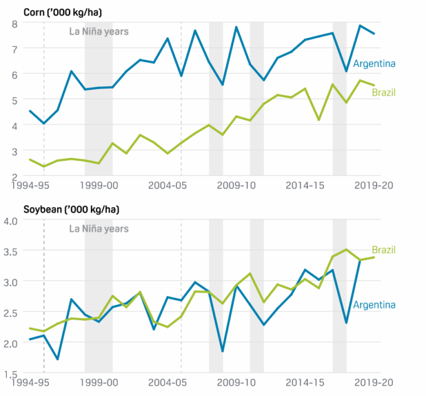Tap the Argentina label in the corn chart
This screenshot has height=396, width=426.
tap(374, 63)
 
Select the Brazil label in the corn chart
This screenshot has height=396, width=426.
tap(384, 93)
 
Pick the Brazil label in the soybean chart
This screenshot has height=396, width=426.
tap(384, 250)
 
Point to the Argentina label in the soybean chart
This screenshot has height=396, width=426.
tap(374, 305)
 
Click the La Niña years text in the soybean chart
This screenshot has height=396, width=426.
tap(98, 228)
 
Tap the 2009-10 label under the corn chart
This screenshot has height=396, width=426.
tap(236, 186)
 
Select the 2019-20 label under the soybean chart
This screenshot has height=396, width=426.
tap(374, 382)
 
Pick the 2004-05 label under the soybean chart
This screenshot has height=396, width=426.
tap(168, 382)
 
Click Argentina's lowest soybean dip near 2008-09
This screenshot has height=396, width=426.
tap(222, 351)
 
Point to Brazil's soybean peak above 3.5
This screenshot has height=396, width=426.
tap(346, 249)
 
